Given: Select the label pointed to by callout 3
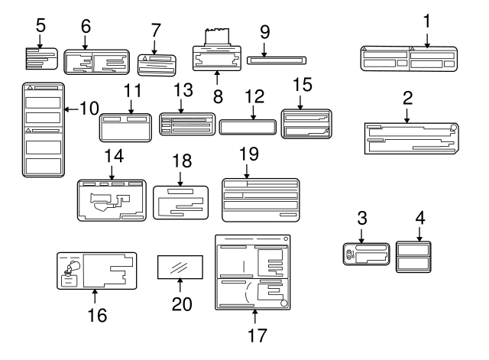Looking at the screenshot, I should tap(367, 255).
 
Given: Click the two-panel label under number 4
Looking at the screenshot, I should tap(414, 256).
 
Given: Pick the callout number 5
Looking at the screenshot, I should tap(41, 25).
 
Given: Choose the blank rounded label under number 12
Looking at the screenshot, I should tap(248, 126).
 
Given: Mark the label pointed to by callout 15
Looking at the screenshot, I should tap(306, 123).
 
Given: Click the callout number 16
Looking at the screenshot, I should tap(94, 313).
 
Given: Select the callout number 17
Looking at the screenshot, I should tap(254, 333).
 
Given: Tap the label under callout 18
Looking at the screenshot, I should tap(181, 202).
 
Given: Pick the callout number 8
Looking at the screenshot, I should tap(217, 97).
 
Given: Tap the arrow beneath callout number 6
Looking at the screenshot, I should tap(86, 44).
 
